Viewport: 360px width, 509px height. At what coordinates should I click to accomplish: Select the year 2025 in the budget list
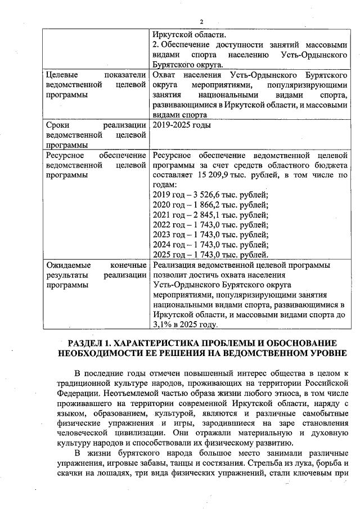click(x=162, y=255)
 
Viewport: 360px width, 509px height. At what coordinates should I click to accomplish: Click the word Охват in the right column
click(x=166, y=74)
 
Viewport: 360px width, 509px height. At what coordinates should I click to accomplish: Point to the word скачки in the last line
click(x=62, y=474)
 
